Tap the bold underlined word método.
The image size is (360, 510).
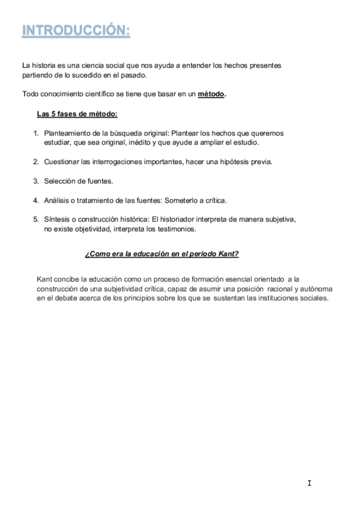211,94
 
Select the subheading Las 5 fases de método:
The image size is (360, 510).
77,114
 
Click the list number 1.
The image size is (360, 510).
35,133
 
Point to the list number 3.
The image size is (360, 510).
35,180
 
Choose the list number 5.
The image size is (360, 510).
35,219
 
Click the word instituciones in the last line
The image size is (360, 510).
265,298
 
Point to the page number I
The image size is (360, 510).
308,483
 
